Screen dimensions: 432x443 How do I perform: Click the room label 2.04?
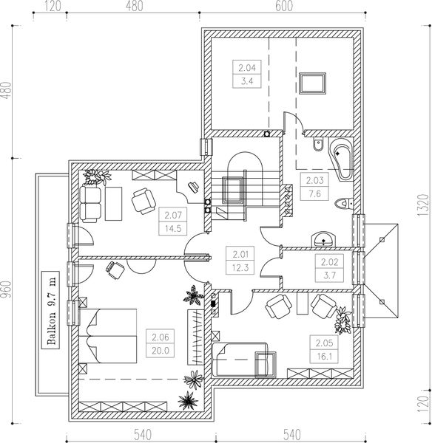247,68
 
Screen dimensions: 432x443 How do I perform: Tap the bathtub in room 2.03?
342,159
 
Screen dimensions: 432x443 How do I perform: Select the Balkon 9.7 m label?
51,310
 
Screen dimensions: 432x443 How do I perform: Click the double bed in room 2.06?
108,336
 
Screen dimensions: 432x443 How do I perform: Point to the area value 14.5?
173,228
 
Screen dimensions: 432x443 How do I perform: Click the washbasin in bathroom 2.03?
323,239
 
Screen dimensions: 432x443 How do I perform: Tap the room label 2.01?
240,255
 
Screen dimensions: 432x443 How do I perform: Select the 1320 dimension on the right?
422,205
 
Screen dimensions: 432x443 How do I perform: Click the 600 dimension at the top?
284,6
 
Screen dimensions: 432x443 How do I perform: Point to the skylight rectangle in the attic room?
313,83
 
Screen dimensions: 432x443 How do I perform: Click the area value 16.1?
324,357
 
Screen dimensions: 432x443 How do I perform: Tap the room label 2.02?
330,262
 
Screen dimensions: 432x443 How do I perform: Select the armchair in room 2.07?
144,201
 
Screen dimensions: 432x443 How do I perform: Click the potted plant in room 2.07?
97,177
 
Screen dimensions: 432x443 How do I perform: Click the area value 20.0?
161,351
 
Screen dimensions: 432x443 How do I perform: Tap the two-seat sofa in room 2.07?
90,204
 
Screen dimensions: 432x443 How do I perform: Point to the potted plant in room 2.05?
343,320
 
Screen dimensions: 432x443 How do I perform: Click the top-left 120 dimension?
53,6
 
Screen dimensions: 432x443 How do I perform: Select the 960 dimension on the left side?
6,290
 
